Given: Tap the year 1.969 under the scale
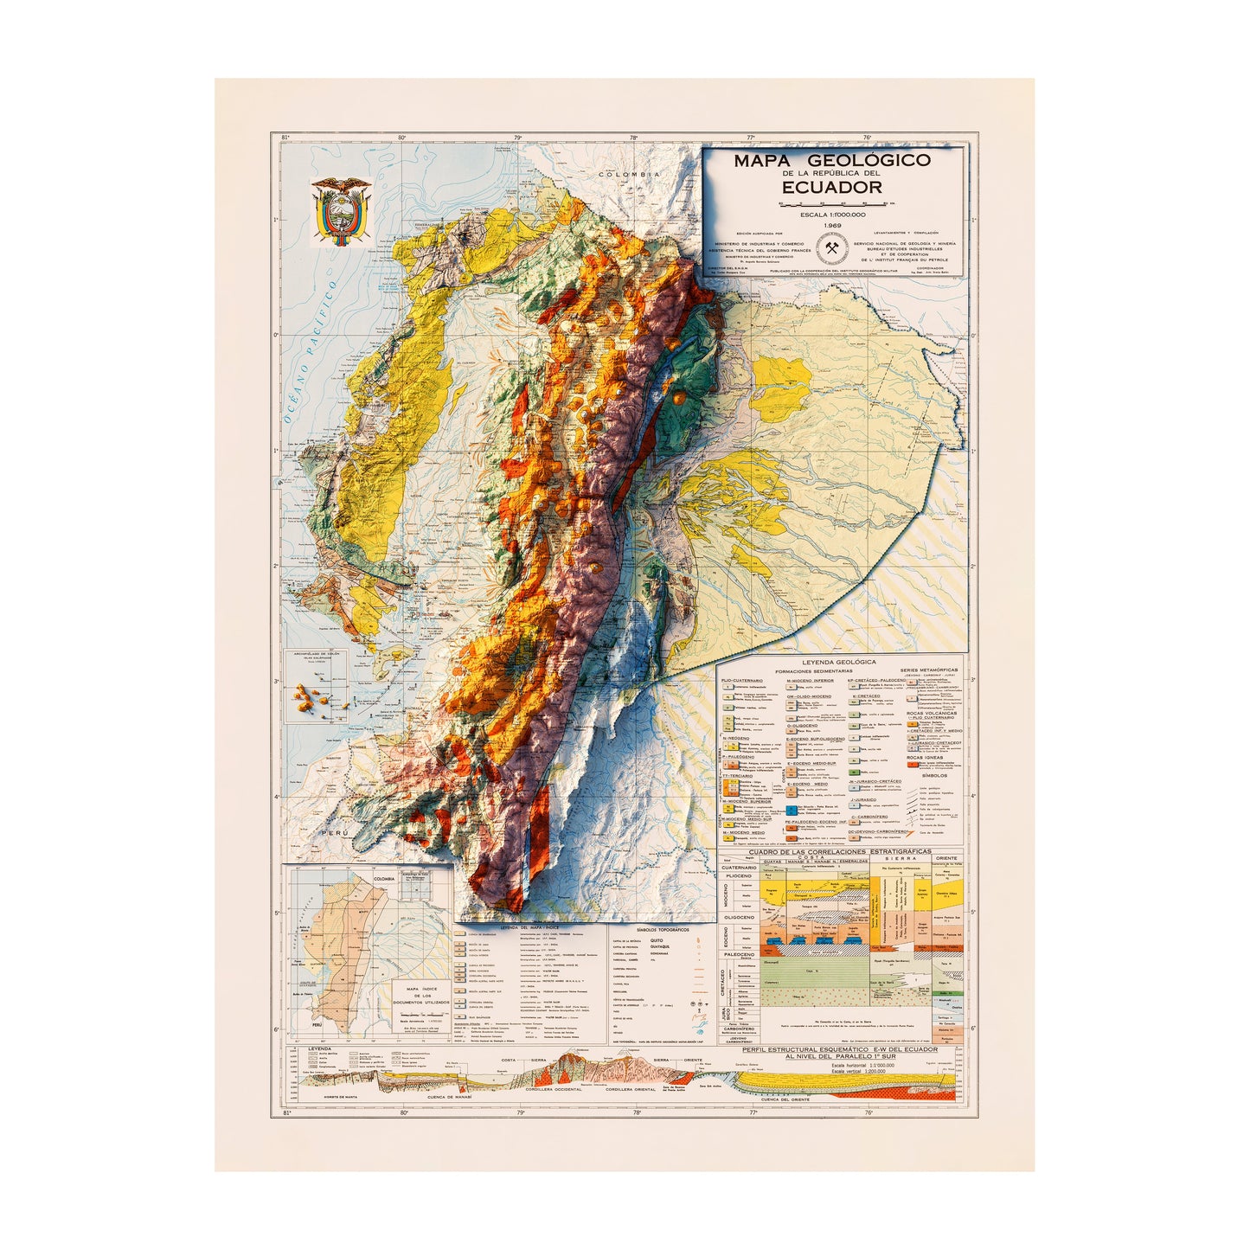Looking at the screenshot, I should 832,226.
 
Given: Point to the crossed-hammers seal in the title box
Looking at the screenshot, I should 832,249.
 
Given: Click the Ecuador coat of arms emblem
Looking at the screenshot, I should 341,211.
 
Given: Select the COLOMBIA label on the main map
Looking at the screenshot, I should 633,174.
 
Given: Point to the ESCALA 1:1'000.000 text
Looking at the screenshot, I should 832,215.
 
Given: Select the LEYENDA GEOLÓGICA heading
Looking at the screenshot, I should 838,663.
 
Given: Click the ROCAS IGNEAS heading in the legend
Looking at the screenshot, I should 926,758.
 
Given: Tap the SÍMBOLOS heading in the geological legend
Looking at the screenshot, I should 934,776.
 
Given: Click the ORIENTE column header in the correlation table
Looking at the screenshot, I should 946,859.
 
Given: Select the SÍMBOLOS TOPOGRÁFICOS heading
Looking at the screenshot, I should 663,927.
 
